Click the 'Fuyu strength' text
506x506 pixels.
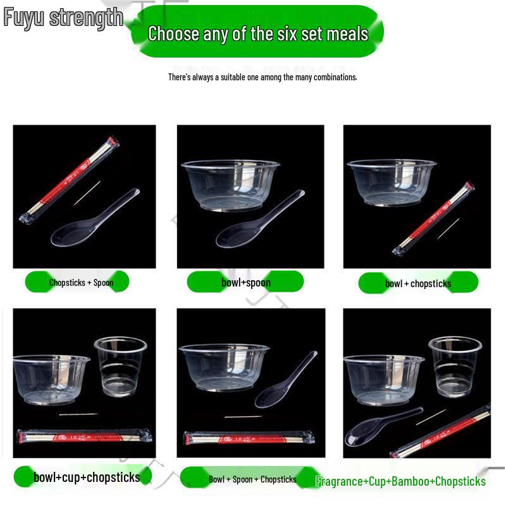(x=63, y=17)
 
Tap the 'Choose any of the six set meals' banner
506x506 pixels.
(x=257, y=33)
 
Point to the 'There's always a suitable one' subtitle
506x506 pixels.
(x=262, y=77)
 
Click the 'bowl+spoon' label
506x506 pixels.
(x=246, y=282)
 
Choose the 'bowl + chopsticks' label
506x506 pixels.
(x=418, y=283)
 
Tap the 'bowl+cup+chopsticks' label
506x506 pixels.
(x=87, y=477)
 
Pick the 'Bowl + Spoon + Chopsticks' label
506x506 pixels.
(x=252, y=479)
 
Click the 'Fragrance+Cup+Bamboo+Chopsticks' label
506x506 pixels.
(x=400, y=481)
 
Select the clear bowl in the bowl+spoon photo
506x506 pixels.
(x=230, y=183)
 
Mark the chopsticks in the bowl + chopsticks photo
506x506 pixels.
(x=433, y=218)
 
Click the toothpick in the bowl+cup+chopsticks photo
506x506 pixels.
(x=78, y=415)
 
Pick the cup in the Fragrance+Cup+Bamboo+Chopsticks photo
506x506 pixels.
(x=455, y=366)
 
